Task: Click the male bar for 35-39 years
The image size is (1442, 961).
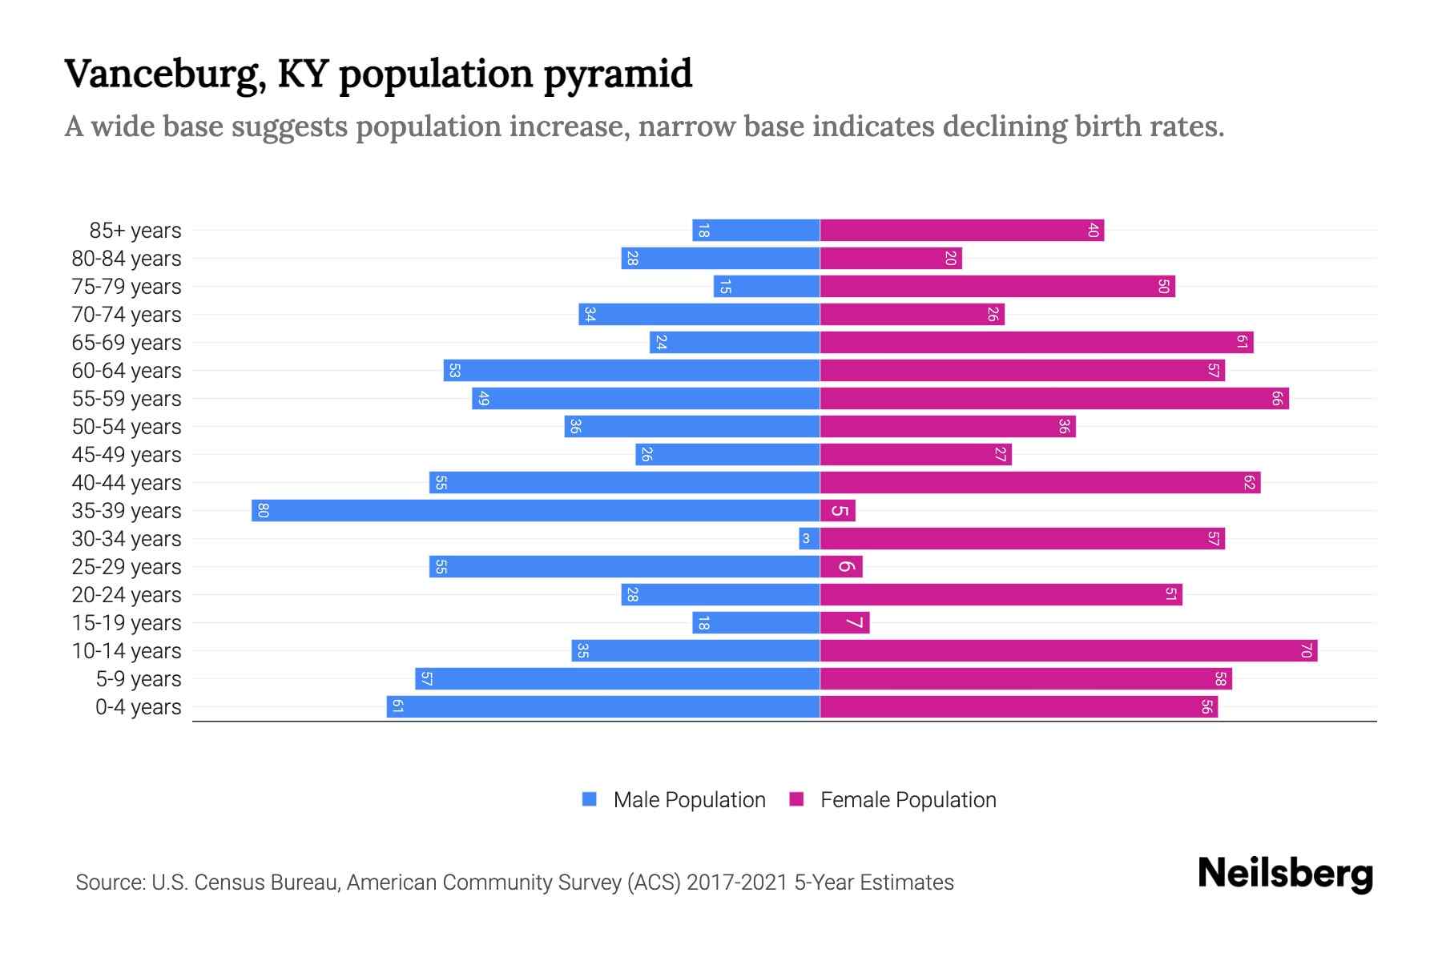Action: (535, 510)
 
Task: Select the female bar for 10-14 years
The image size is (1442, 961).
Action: (1068, 650)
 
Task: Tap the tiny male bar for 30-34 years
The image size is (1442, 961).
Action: (809, 538)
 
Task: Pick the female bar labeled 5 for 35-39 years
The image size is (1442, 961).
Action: (837, 510)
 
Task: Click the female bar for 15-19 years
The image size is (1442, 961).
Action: (844, 622)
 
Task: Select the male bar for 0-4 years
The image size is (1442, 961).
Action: (602, 706)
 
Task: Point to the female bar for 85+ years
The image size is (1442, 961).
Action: (961, 231)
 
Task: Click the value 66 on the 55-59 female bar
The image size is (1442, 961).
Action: (1277, 398)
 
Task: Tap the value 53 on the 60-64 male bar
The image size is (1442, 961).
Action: (454, 370)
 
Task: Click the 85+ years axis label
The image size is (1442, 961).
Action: (135, 231)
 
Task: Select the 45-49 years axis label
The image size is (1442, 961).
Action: (127, 455)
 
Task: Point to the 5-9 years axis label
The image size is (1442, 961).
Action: (139, 679)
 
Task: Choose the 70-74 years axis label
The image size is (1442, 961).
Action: (127, 315)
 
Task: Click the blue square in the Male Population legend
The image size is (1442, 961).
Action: (590, 799)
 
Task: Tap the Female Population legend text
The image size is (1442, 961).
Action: (908, 799)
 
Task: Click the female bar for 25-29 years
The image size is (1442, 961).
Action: (841, 566)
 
